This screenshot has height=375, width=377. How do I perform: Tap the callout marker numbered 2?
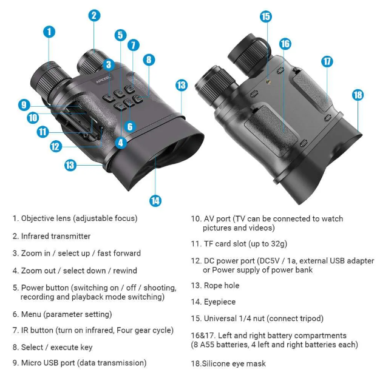click(x=94, y=15)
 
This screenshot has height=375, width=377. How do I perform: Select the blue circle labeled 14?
click(x=155, y=201)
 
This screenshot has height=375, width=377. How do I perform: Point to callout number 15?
click(x=265, y=16)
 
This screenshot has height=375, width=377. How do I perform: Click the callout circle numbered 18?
click(x=358, y=95)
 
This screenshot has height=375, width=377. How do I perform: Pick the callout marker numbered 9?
click(x=24, y=105)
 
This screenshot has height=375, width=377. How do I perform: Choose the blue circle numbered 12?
click(x=55, y=146)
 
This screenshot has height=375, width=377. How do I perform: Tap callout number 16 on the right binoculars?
click(x=285, y=44)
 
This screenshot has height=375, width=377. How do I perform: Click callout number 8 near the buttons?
click(x=149, y=59)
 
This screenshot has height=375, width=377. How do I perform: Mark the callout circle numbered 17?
click(x=327, y=61)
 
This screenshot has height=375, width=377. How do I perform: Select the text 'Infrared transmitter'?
click(x=56, y=236)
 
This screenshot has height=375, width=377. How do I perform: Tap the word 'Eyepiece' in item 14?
click(x=220, y=302)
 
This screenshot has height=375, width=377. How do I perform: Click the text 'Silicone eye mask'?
click(x=235, y=363)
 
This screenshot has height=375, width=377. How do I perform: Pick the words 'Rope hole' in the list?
click(x=222, y=285)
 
